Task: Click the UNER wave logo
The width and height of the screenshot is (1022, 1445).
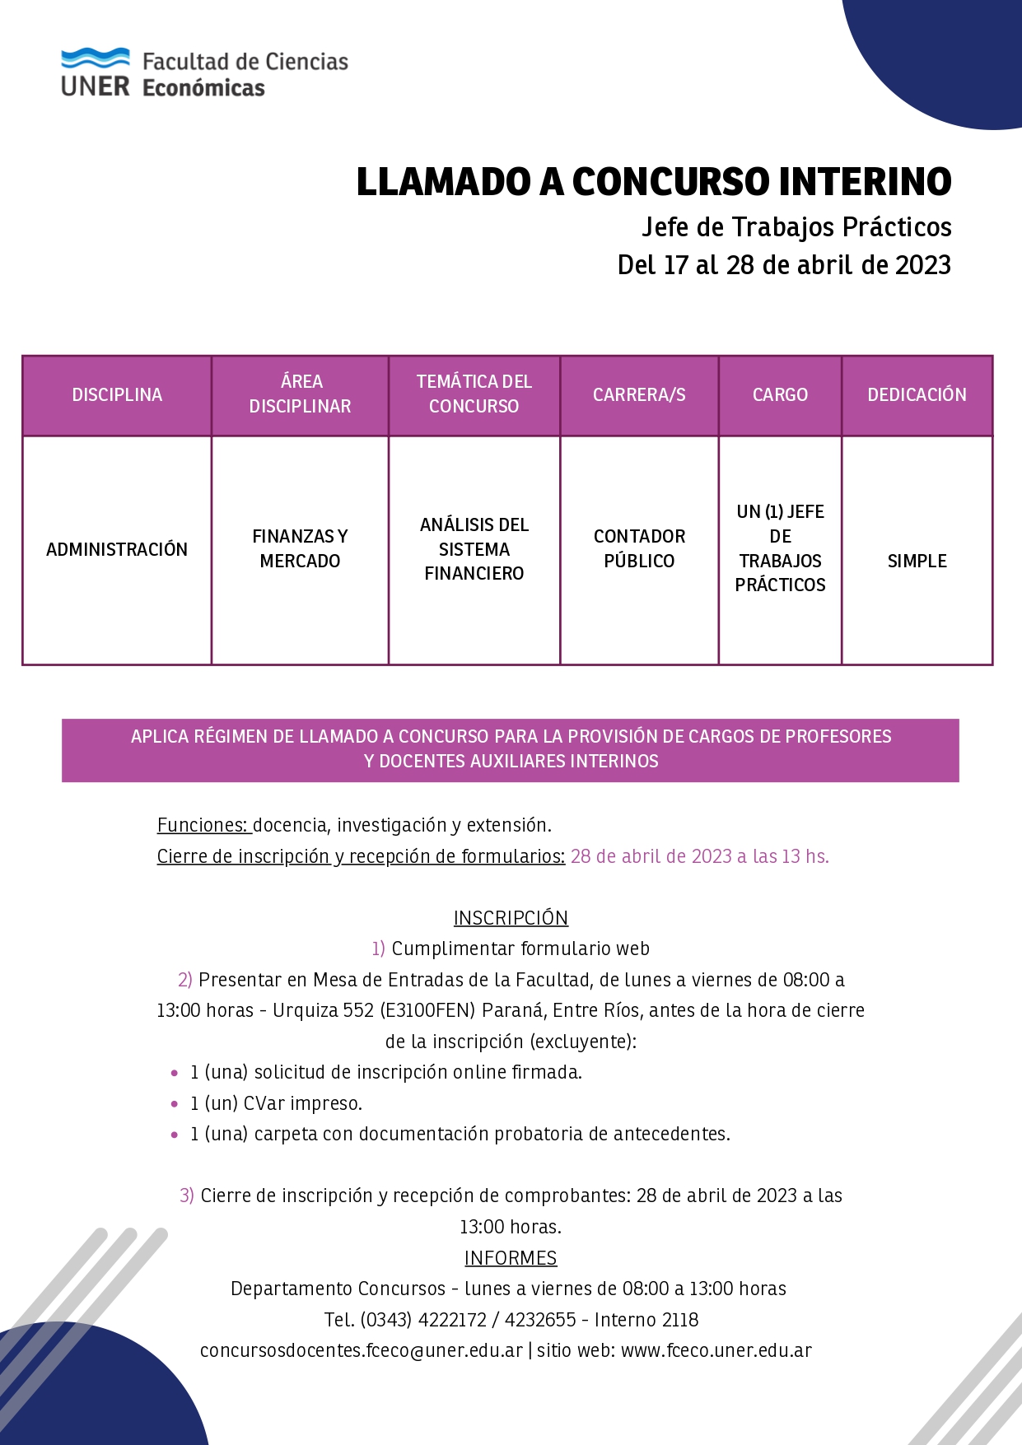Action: point(95,59)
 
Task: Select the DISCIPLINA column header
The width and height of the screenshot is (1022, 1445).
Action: point(117,395)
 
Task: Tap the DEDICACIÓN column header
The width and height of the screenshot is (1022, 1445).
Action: point(917,395)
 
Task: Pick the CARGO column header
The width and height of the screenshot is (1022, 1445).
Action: point(780,395)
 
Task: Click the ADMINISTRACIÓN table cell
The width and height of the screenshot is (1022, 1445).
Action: point(117,549)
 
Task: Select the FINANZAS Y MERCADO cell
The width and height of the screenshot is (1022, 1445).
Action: point(300,548)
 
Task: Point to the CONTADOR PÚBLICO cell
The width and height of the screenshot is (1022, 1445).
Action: point(639,548)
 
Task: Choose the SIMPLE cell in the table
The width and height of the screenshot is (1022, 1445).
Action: point(917,561)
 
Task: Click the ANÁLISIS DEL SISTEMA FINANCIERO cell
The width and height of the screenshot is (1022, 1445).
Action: point(474,548)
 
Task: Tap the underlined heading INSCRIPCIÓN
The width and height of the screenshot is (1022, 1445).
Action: point(511,918)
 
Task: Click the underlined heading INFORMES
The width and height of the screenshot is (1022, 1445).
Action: point(511,1258)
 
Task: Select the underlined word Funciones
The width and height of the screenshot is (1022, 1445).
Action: point(203,825)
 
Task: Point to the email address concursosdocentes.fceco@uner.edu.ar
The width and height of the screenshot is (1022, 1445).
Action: point(362,1351)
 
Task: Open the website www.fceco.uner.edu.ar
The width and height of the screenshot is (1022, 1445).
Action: point(716,1351)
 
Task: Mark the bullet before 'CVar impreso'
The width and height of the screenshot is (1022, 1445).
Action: point(175,1104)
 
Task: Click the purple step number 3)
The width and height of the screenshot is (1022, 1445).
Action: point(187,1196)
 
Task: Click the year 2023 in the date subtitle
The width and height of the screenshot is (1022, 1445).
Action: point(922,265)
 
